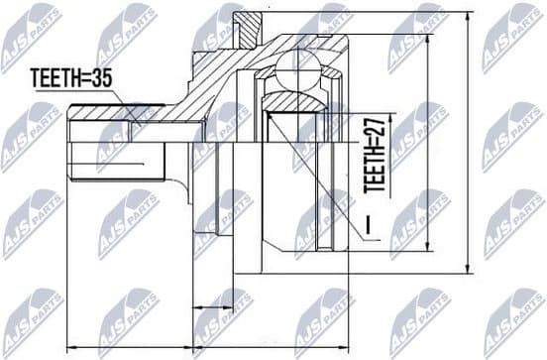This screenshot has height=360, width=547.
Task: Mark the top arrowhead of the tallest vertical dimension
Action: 469,14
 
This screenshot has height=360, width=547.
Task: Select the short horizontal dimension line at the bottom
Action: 211,305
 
